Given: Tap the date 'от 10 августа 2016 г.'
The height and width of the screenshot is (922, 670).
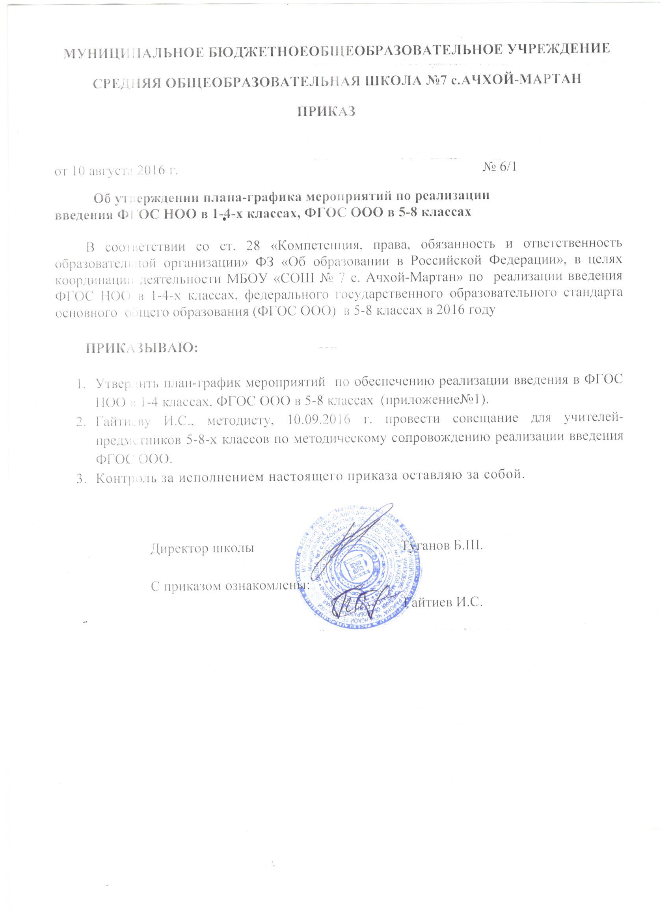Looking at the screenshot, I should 117,170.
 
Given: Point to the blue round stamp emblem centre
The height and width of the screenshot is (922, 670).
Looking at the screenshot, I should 359,569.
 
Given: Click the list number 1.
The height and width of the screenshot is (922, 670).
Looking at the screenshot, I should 80,383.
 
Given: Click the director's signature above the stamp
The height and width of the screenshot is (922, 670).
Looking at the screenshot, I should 357,537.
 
